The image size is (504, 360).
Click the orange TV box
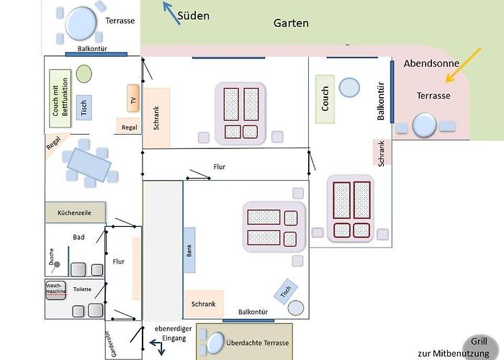coord(133,99)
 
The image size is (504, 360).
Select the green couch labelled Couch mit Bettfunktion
coord(60,98)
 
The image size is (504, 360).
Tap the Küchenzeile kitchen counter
coord(75,212)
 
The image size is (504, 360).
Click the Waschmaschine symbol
coord(55,291)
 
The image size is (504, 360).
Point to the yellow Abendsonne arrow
coord(463,66)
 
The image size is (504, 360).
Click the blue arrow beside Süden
coord(171,13)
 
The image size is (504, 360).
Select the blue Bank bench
coord(189,250)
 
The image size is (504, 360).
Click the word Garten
coord(291,23)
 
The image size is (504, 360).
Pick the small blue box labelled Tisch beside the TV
coord(84,108)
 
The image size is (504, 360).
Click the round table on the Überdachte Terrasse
coord(215,343)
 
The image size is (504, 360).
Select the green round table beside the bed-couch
coord(84,73)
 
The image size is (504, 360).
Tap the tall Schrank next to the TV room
coord(156,118)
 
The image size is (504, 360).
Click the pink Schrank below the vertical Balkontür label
coord(382,153)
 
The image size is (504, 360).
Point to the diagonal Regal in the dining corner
coord(55,144)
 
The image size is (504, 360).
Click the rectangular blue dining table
coord(89,165)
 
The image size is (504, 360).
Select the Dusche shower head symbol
coord(56,265)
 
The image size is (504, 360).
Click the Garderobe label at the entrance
coord(114,344)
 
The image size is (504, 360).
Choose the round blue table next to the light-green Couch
coord(349,87)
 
